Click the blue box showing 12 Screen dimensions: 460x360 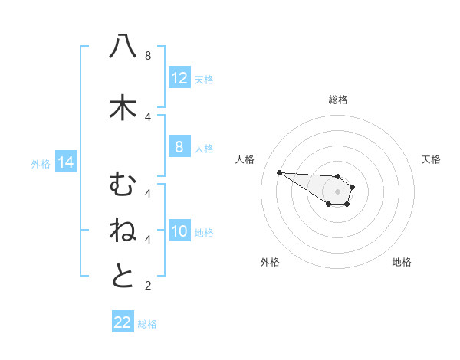point(179,78)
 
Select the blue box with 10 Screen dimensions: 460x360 point(179,231)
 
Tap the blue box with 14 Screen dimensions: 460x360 point(65,162)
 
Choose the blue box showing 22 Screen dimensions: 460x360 point(123,322)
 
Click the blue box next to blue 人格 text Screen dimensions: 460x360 point(179,147)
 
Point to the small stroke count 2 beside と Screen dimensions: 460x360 point(148,286)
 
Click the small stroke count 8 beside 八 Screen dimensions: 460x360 point(148,55)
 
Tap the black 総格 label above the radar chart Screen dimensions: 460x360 point(338,100)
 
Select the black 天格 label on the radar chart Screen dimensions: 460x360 point(431,159)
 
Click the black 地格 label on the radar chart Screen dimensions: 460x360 point(402,262)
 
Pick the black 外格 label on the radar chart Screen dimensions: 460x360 point(270,262)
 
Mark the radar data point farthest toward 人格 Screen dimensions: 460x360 point(279,172)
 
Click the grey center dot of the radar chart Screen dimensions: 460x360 point(337,191)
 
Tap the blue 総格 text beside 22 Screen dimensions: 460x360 point(147,324)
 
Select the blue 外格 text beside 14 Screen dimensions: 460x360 point(41,163)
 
